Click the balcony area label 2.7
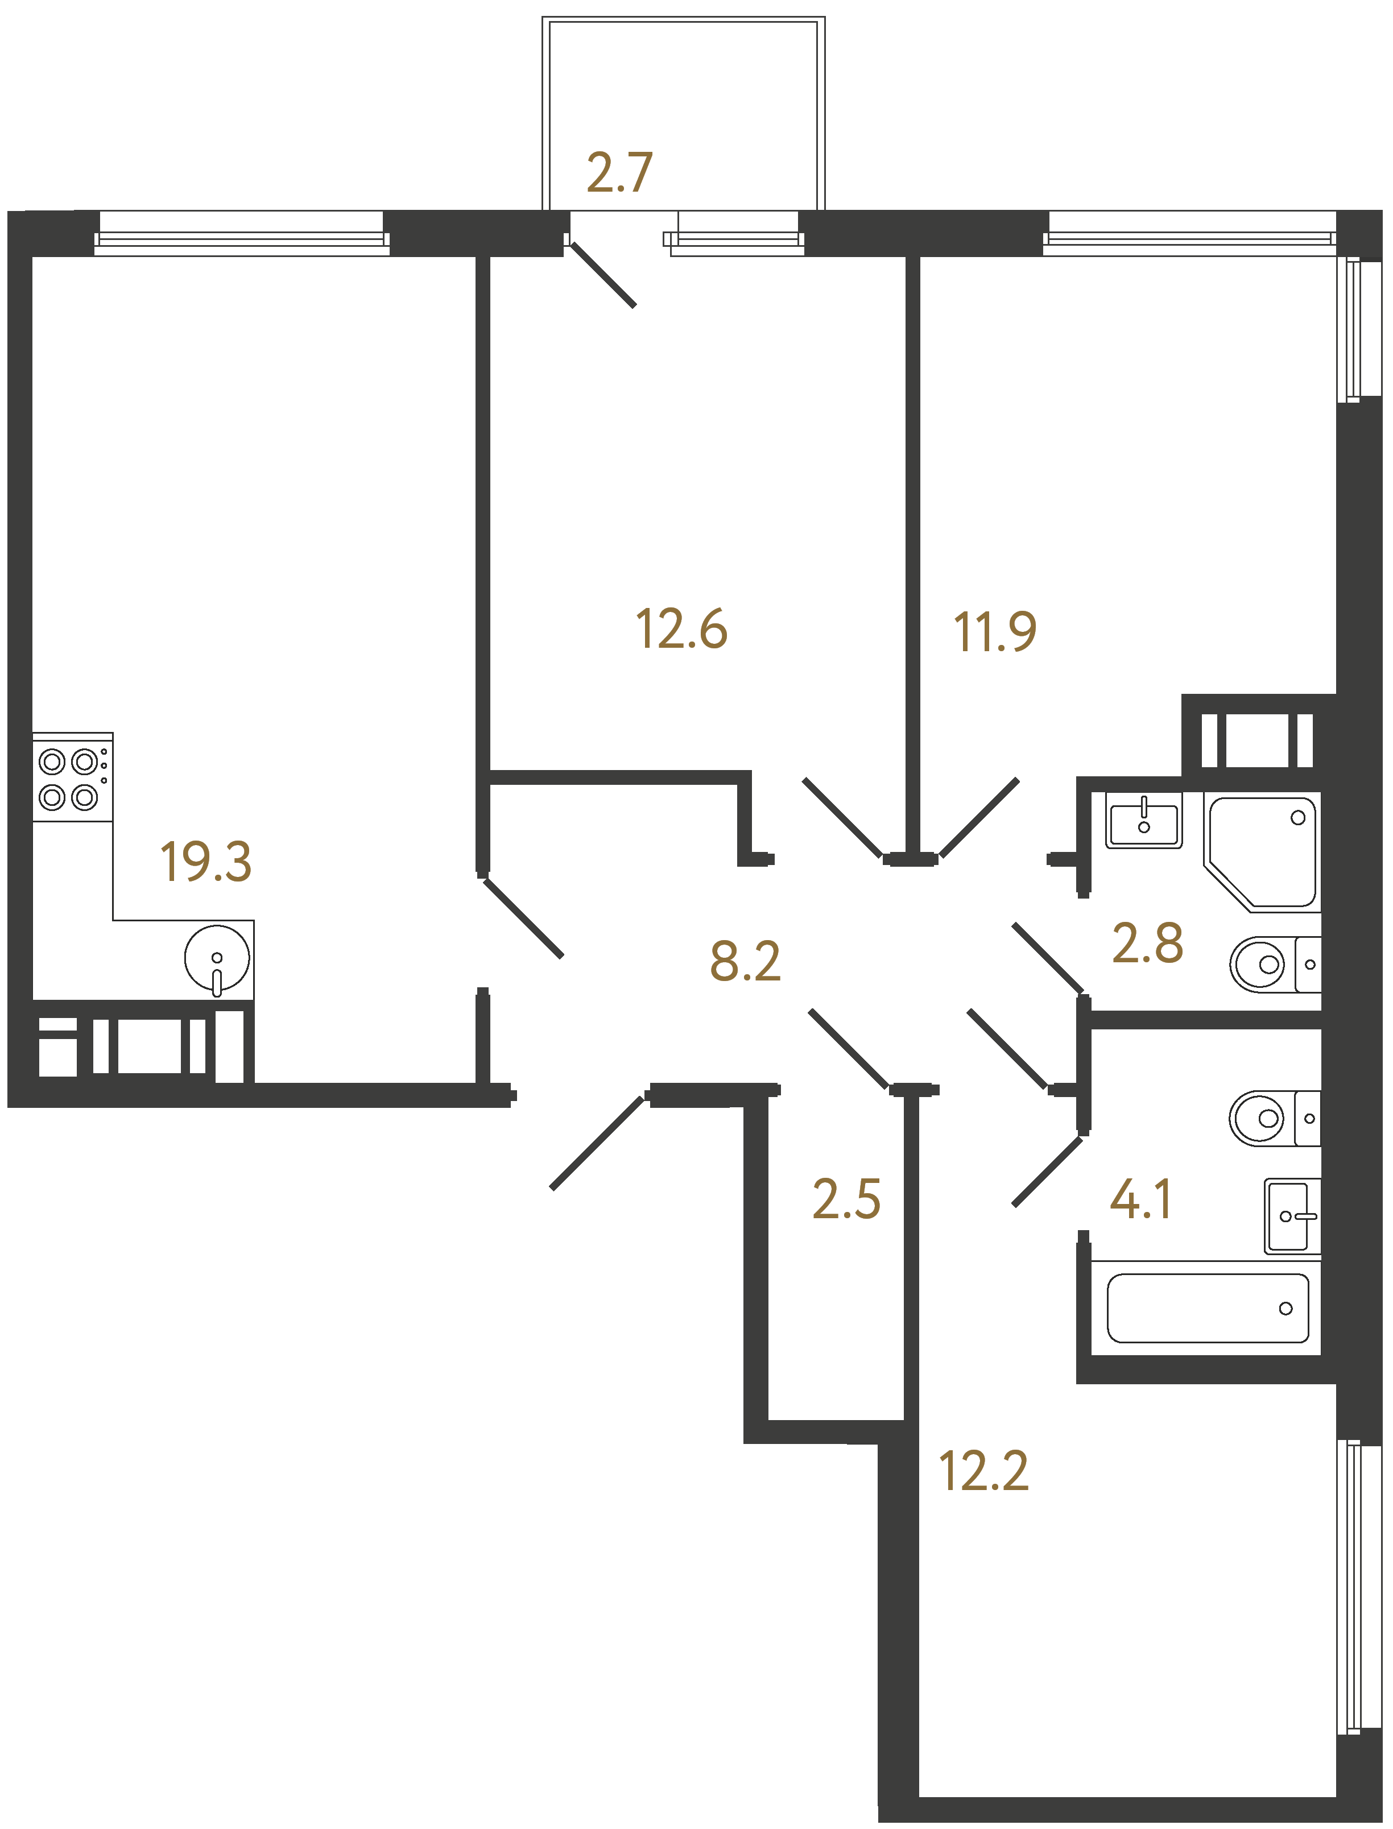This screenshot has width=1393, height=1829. (x=619, y=173)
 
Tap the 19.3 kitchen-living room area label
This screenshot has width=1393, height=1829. (x=206, y=862)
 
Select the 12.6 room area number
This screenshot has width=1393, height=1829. (x=681, y=630)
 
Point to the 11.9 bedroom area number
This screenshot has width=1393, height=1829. (x=995, y=632)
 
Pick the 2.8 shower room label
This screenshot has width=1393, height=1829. (x=1148, y=944)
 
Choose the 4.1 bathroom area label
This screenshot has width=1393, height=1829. (x=1141, y=1199)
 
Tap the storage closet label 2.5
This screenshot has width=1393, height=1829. (x=846, y=1199)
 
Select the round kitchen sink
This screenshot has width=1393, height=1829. (x=216, y=958)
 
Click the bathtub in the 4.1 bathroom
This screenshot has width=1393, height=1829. (x=1207, y=1307)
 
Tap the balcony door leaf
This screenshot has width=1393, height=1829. (x=604, y=275)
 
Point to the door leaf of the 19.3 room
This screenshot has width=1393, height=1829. (x=524, y=918)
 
